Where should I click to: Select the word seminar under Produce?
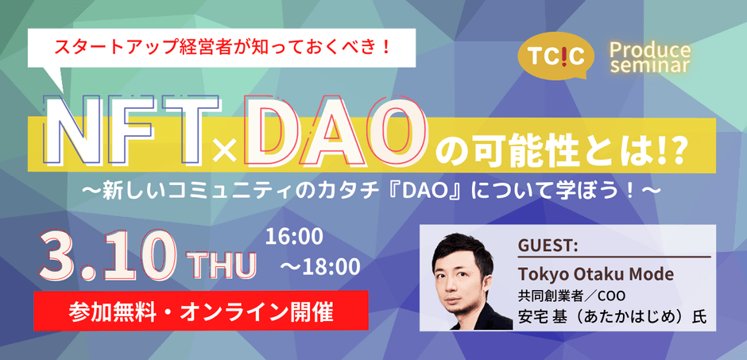click(x=651, y=66)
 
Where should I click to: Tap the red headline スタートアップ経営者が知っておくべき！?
click(x=222, y=48)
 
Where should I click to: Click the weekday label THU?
click(x=222, y=265)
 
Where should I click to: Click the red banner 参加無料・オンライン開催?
click(x=201, y=310)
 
